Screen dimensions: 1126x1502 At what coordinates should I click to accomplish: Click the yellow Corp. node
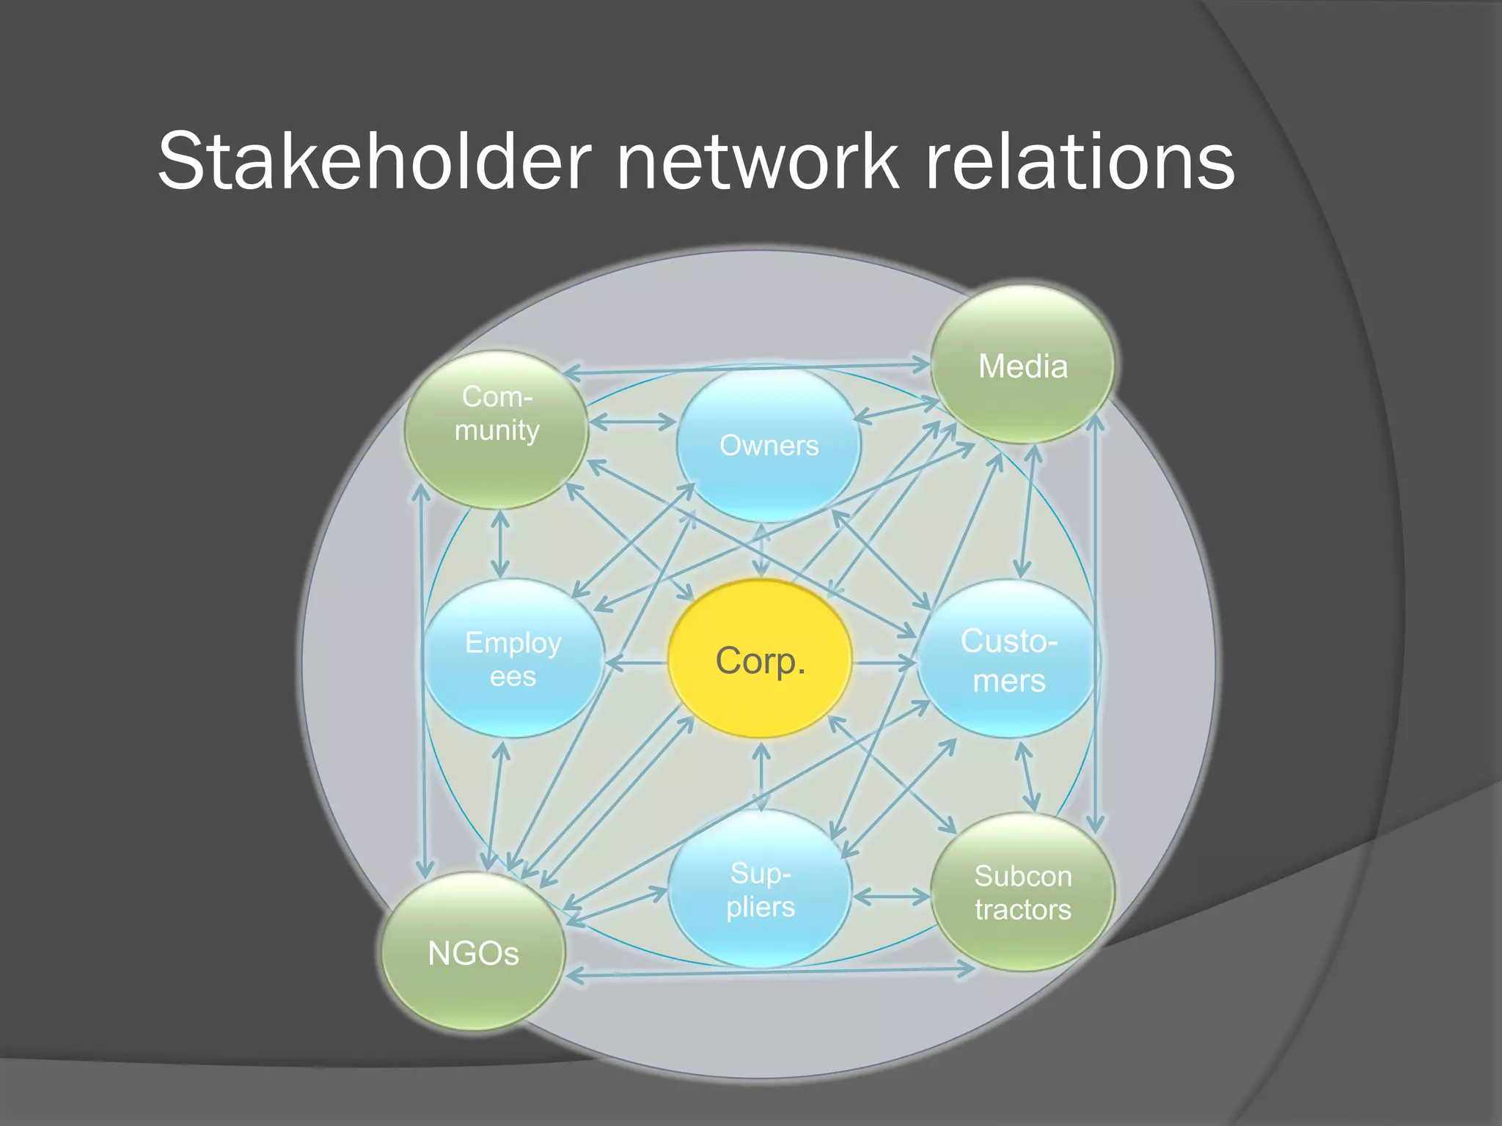tap(760, 659)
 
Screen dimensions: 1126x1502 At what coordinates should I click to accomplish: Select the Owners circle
tap(768, 445)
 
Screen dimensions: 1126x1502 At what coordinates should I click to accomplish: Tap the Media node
tap(1023, 365)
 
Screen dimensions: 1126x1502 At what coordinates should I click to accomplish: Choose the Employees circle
tap(513, 658)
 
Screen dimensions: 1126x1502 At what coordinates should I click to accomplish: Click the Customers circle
tap(1008, 659)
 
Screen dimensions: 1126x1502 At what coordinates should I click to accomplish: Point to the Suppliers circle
tap(761, 888)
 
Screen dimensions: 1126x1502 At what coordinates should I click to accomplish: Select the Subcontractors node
tap(1023, 892)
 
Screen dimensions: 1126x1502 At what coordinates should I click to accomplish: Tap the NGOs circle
tap(473, 952)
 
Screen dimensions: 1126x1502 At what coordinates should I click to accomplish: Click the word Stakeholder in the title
tap(374, 161)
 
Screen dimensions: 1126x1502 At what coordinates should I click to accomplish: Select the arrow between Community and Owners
tap(632, 422)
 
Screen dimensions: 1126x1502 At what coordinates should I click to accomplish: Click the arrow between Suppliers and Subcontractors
tap(891, 896)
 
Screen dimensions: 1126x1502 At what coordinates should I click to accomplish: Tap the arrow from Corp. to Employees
tap(636, 664)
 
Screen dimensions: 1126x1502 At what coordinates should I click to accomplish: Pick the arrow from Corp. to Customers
tap(884, 663)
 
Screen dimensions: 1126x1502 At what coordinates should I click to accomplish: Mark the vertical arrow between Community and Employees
tap(500, 544)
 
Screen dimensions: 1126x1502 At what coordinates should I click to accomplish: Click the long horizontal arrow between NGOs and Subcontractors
tap(770, 972)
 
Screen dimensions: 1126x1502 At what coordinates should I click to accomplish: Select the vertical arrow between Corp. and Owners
tap(762, 550)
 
